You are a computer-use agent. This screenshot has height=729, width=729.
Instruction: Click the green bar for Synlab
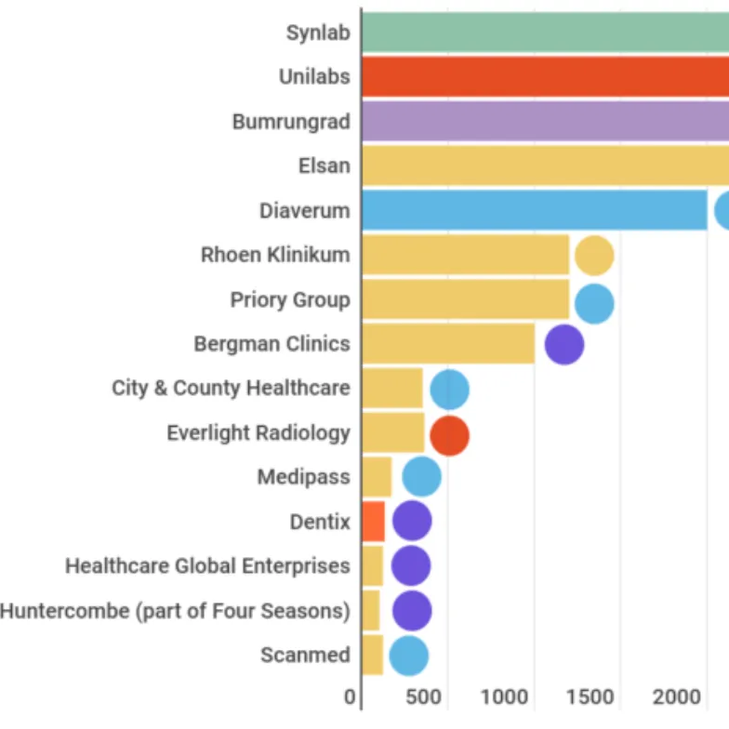[x=545, y=33]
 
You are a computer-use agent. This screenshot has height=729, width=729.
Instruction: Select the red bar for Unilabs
[x=545, y=76]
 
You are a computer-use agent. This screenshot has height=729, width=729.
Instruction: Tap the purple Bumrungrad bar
[x=545, y=121]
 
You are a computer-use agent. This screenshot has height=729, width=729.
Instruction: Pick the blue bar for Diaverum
[x=534, y=210]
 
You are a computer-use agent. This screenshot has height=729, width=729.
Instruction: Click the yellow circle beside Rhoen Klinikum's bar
[x=594, y=256]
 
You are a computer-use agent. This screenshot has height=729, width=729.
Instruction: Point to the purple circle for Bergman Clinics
[x=563, y=344]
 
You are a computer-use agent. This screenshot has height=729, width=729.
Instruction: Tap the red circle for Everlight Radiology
[x=449, y=435]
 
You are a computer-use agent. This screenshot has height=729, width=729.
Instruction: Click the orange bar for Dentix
[x=373, y=521]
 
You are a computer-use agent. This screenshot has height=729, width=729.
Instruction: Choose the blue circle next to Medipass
[x=421, y=477]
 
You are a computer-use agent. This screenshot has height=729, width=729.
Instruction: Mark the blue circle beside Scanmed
[x=408, y=656]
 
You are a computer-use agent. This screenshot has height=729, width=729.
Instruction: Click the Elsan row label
[x=325, y=166]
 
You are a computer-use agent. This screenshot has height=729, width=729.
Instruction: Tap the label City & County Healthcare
[x=231, y=388]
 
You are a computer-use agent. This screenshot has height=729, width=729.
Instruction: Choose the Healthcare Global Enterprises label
[x=207, y=565]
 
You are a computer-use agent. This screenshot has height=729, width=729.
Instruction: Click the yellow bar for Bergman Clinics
[x=448, y=344]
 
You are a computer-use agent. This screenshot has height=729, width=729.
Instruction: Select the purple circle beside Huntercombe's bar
[x=412, y=611]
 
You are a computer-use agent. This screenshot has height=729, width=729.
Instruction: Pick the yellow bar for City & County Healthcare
[x=391, y=388]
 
